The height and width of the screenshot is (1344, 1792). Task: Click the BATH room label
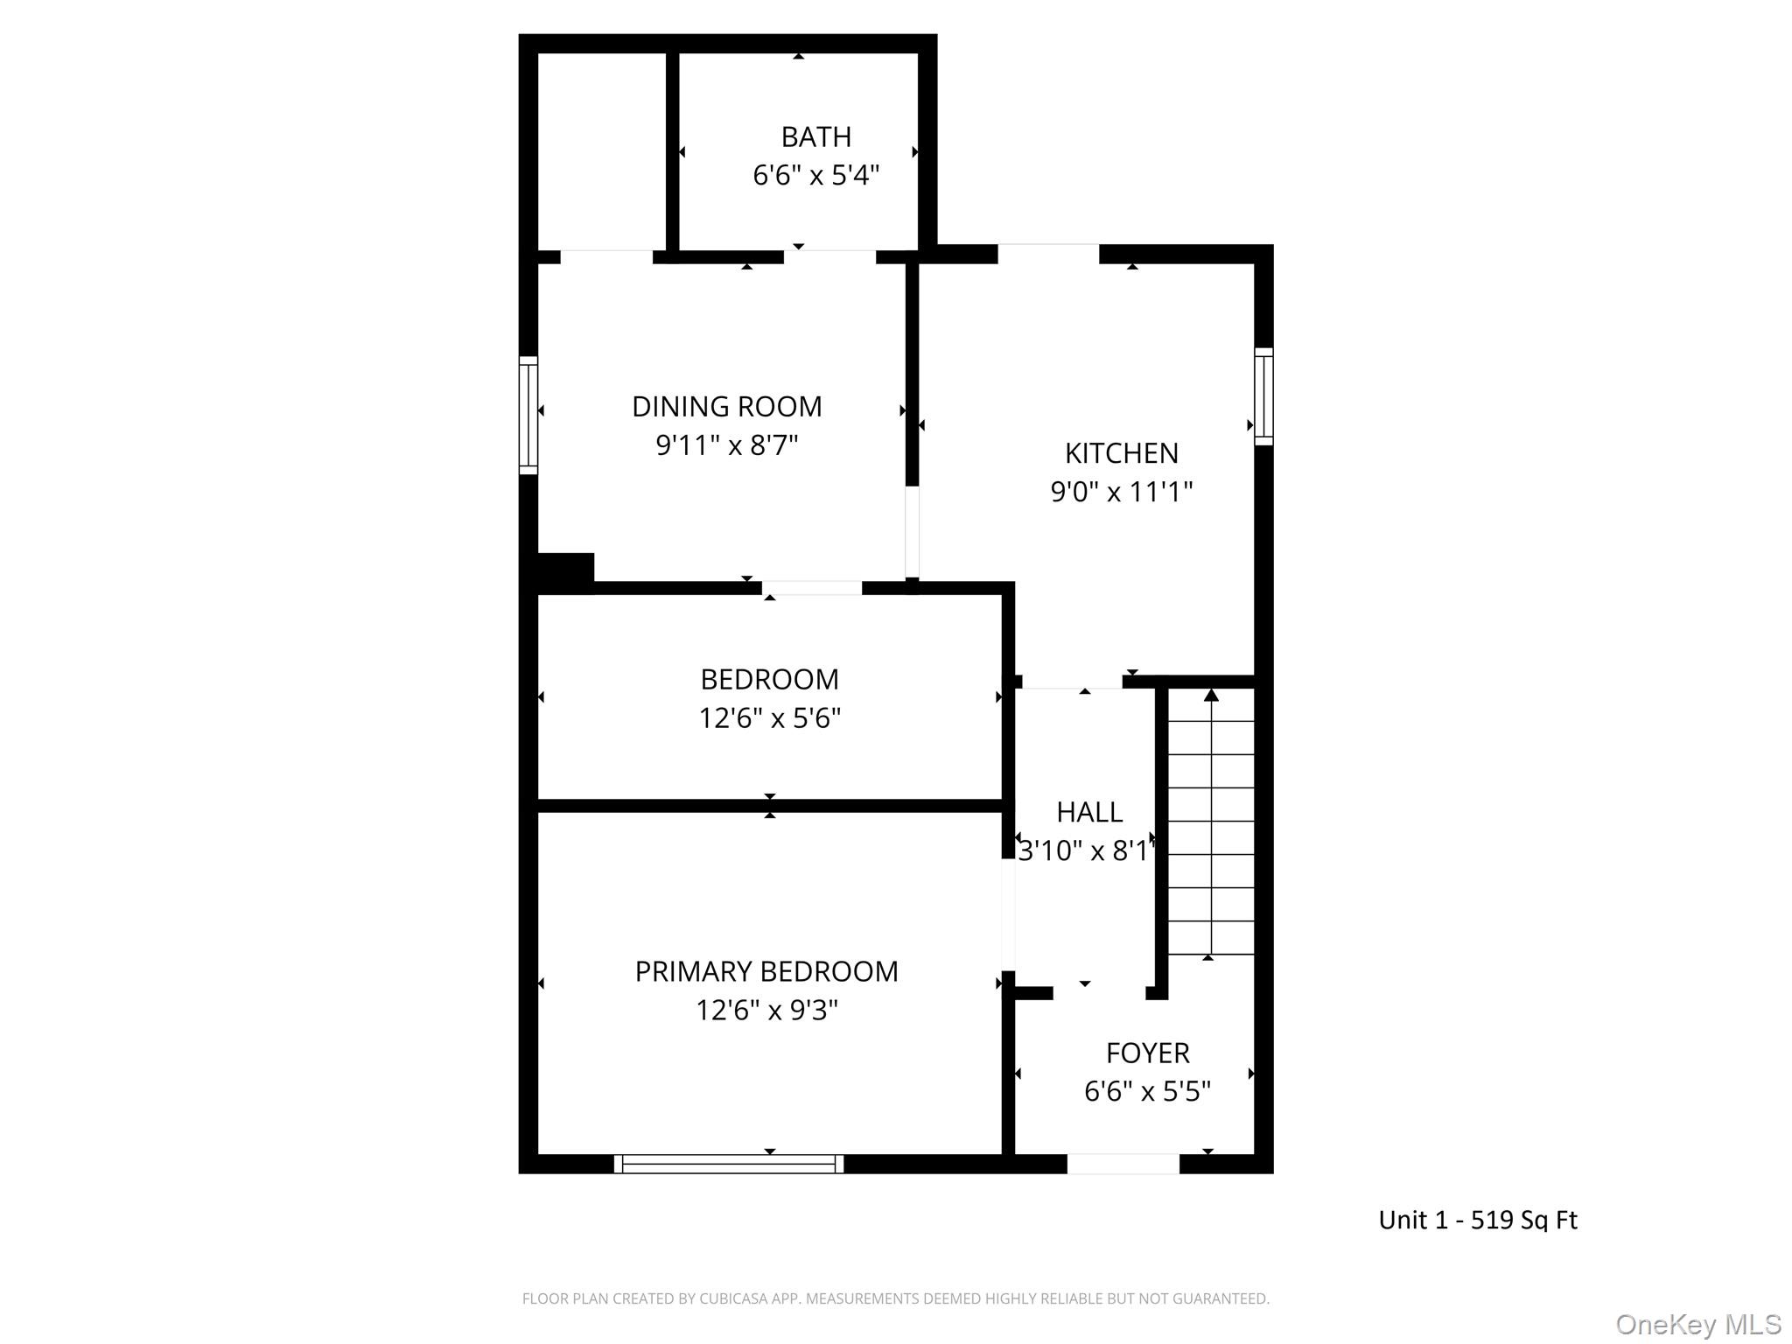[x=815, y=137]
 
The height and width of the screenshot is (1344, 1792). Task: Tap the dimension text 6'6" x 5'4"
[x=815, y=176]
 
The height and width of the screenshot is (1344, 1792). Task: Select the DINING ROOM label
[x=726, y=407]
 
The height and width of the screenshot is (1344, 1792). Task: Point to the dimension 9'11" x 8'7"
[x=726, y=446]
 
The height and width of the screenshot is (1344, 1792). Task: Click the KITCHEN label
[x=1121, y=453]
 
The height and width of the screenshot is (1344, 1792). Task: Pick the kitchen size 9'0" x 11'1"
[x=1121, y=493]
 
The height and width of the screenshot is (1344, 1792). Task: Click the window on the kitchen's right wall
[x=1263, y=396]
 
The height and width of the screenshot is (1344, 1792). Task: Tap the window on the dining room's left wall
[x=528, y=415]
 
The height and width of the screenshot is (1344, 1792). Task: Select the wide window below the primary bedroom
[x=728, y=1164]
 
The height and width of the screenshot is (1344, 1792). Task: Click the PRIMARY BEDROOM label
[x=766, y=972]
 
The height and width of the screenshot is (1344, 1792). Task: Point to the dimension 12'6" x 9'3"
[x=766, y=1011]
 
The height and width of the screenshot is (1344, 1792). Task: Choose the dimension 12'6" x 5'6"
[x=769, y=718]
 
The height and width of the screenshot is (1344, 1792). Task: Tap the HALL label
[x=1088, y=812]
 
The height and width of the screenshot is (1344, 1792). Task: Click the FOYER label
[x=1147, y=1053]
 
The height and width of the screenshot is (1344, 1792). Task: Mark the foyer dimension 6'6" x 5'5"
[x=1147, y=1092]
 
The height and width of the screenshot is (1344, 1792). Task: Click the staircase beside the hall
[x=1211, y=822]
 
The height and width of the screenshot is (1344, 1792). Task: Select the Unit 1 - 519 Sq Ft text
[x=1477, y=1220]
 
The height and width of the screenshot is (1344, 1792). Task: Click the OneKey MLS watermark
[x=1697, y=1324]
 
